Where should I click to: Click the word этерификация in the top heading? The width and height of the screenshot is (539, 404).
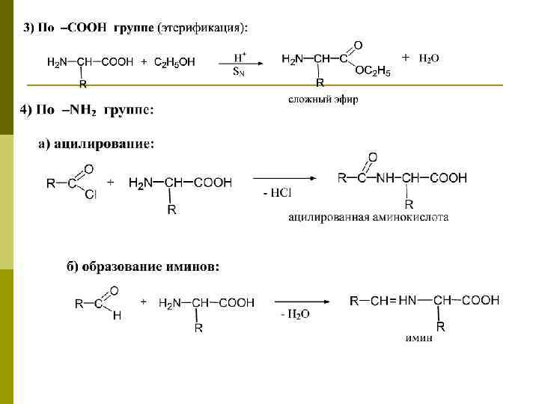click(199, 28)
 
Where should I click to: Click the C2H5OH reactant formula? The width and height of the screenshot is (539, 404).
click(174, 62)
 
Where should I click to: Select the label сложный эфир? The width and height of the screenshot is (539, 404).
click(323, 99)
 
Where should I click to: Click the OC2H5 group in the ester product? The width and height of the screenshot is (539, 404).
click(372, 71)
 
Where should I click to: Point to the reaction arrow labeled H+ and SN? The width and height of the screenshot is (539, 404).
click(239, 64)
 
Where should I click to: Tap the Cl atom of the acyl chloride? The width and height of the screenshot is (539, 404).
click(91, 195)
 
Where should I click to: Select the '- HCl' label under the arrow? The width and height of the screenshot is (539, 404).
click(277, 193)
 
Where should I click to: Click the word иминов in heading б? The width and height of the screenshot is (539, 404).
click(197, 266)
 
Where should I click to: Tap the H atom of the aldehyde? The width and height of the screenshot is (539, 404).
click(116, 316)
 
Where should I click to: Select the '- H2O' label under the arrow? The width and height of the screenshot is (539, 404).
click(295, 315)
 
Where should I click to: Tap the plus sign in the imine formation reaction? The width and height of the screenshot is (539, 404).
click(143, 301)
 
